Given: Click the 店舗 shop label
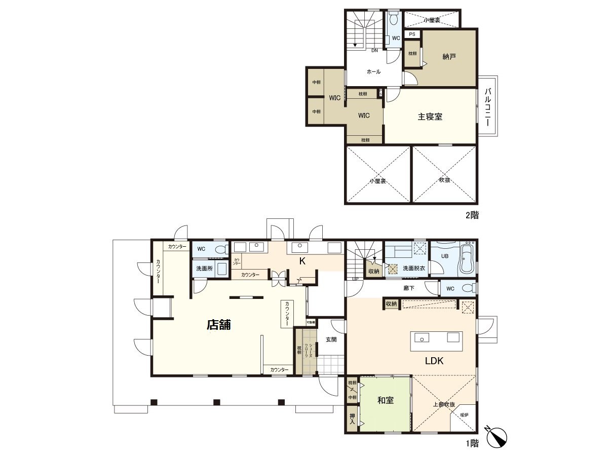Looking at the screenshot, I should click(218, 325).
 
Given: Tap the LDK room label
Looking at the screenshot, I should click(434, 361).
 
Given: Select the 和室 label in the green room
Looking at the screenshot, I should click(386, 401).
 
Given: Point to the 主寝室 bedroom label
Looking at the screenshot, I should click(430, 117).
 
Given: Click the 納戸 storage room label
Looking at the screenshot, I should click(449, 57).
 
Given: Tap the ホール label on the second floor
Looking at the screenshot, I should click(373, 72).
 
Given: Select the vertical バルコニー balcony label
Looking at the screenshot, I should click(488, 107).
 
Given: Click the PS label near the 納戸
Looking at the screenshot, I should click(412, 34).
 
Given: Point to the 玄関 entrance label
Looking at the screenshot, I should click(331, 339).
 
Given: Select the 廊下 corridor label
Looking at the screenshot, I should click(409, 288).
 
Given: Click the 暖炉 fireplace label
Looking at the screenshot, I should click(464, 415).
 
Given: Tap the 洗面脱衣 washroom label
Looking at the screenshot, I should click(413, 268).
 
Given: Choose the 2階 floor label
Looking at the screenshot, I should click(471, 215).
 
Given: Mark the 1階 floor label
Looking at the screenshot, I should click(471, 444).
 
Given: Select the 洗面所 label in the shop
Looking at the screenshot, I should click(204, 268).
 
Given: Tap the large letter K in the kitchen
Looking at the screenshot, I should click(301, 261).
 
